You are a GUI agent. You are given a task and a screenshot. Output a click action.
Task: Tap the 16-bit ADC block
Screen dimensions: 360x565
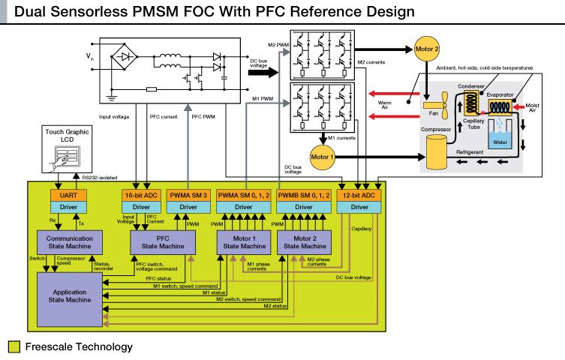coord(141,195)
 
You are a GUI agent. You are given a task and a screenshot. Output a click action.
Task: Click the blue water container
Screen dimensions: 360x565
coord(498,139)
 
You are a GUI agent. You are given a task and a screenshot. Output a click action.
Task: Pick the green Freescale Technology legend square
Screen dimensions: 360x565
coord(14,347)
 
